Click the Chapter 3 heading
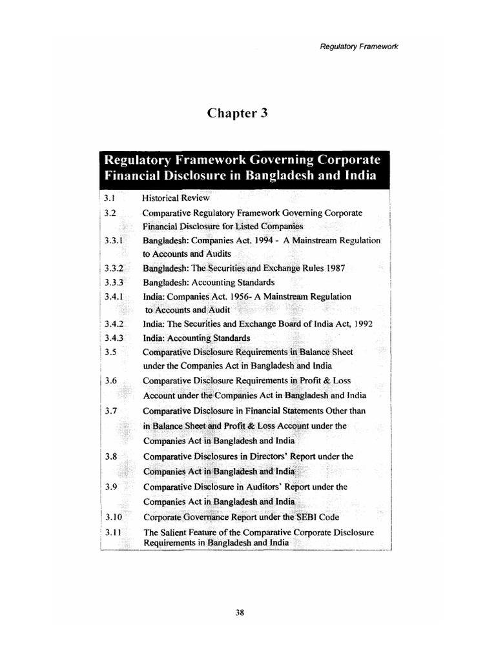[x=237, y=113]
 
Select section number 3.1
[x=108, y=198]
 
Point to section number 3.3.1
[x=113, y=240]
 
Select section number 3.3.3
[x=113, y=282]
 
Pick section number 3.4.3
[x=113, y=338]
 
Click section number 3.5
[x=110, y=352]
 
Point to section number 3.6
[x=110, y=381]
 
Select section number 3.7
[x=110, y=410]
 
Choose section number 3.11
[x=112, y=533]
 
